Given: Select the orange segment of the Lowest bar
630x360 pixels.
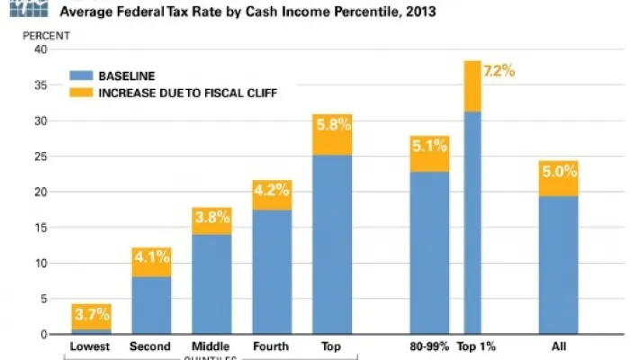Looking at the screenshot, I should point(91,315).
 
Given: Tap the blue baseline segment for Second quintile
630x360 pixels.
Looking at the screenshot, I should point(151,305).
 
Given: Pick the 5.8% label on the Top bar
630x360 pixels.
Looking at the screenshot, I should point(332,141).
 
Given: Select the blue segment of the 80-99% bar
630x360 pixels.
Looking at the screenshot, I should point(429,253).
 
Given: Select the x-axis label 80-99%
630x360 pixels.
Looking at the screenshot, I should point(429,346).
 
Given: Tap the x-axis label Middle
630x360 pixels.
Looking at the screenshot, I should point(211,346).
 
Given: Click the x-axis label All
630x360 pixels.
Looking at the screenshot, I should point(558,346).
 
